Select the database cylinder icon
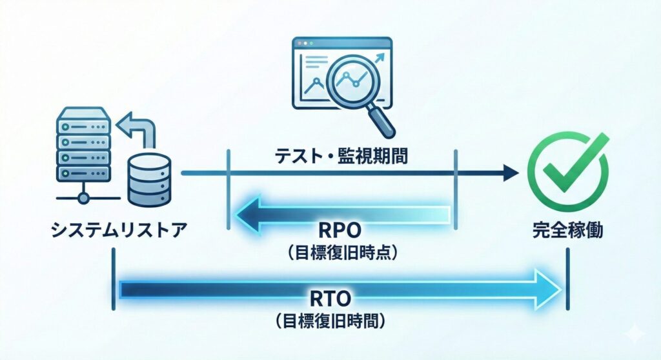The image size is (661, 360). (x=151, y=178)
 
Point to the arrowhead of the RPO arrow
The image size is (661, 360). (x=248, y=214)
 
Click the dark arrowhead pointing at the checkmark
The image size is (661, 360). (x=511, y=173)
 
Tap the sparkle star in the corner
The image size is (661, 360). (x=635, y=333)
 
